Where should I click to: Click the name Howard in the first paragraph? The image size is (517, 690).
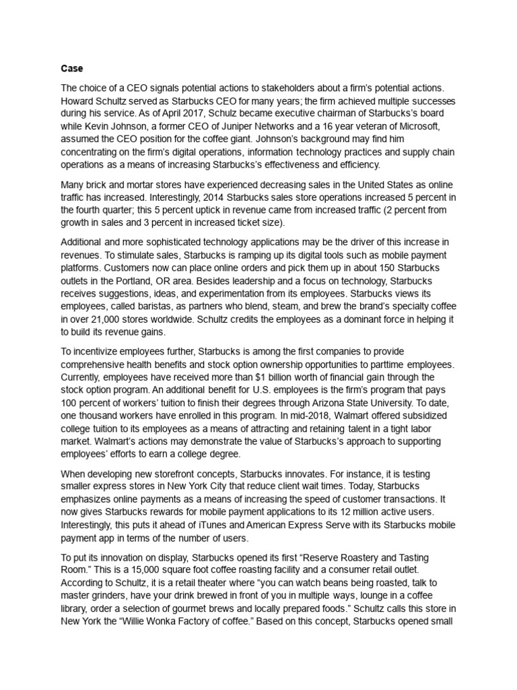tap(79, 101)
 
